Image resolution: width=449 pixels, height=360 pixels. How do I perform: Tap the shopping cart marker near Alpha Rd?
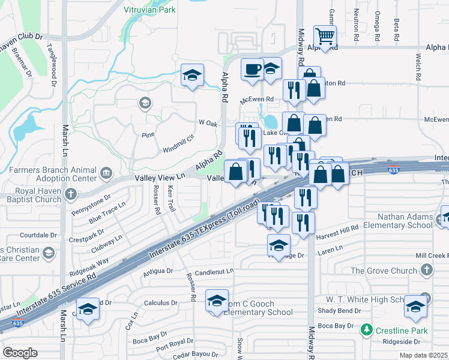[325, 35]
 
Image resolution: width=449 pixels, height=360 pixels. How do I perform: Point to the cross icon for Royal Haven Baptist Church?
[71, 194]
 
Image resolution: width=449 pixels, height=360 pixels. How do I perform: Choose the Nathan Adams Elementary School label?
[396, 220]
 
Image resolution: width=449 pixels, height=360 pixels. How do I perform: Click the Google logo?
[20, 353]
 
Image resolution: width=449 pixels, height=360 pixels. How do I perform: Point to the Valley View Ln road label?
[160, 177]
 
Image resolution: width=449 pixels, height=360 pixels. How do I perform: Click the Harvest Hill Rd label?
[338, 227]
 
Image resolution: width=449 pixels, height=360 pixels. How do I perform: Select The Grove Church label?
[383, 271]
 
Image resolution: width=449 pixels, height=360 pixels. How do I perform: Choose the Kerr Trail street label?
[171, 198]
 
